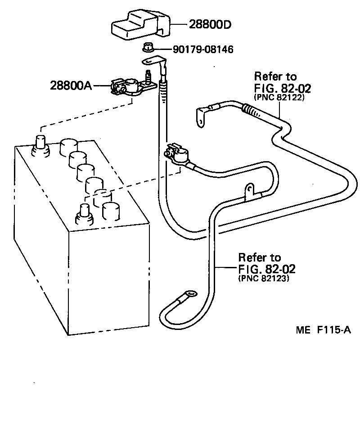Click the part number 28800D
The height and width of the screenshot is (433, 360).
(209, 25)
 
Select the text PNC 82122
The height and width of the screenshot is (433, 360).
(279, 97)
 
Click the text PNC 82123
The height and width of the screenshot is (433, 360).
(263, 279)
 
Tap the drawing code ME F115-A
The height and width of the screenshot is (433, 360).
(323, 330)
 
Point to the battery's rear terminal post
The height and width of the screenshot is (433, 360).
(40, 143)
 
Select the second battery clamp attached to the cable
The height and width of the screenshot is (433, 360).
(179, 154)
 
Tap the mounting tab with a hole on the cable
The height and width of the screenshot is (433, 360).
(248, 190)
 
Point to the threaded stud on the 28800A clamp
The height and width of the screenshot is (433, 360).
(146, 74)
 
